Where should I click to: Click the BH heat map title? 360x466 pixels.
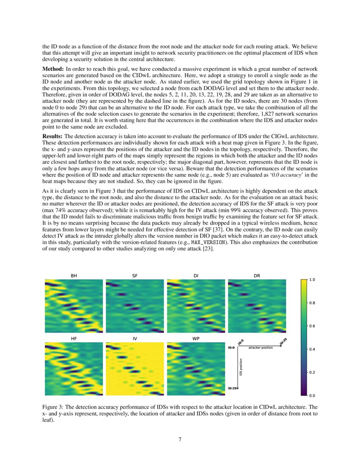click(74, 276)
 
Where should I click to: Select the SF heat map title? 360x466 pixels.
click(135, 276)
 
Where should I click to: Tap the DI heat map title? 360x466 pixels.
click(196, 276)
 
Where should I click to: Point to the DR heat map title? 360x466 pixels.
click(257, 276)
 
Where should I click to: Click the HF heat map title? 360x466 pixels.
click(74, 338)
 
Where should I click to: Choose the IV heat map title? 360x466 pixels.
click(135, 338)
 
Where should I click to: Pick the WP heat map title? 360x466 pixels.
click(196, 338)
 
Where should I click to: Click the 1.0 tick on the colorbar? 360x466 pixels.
click(312, 280)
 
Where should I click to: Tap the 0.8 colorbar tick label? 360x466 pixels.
click(312, 303)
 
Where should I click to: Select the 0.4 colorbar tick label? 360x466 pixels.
click(312, 349)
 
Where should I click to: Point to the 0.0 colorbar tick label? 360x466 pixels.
click(312, 395)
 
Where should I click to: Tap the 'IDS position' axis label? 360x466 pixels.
click(241, 367)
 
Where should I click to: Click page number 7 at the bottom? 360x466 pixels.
click(180, 439)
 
